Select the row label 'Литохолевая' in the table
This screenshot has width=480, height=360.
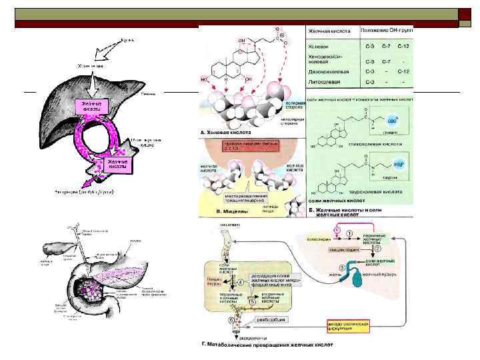click(x=324, y=81)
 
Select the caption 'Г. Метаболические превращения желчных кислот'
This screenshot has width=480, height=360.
click(x=267, y=345)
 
